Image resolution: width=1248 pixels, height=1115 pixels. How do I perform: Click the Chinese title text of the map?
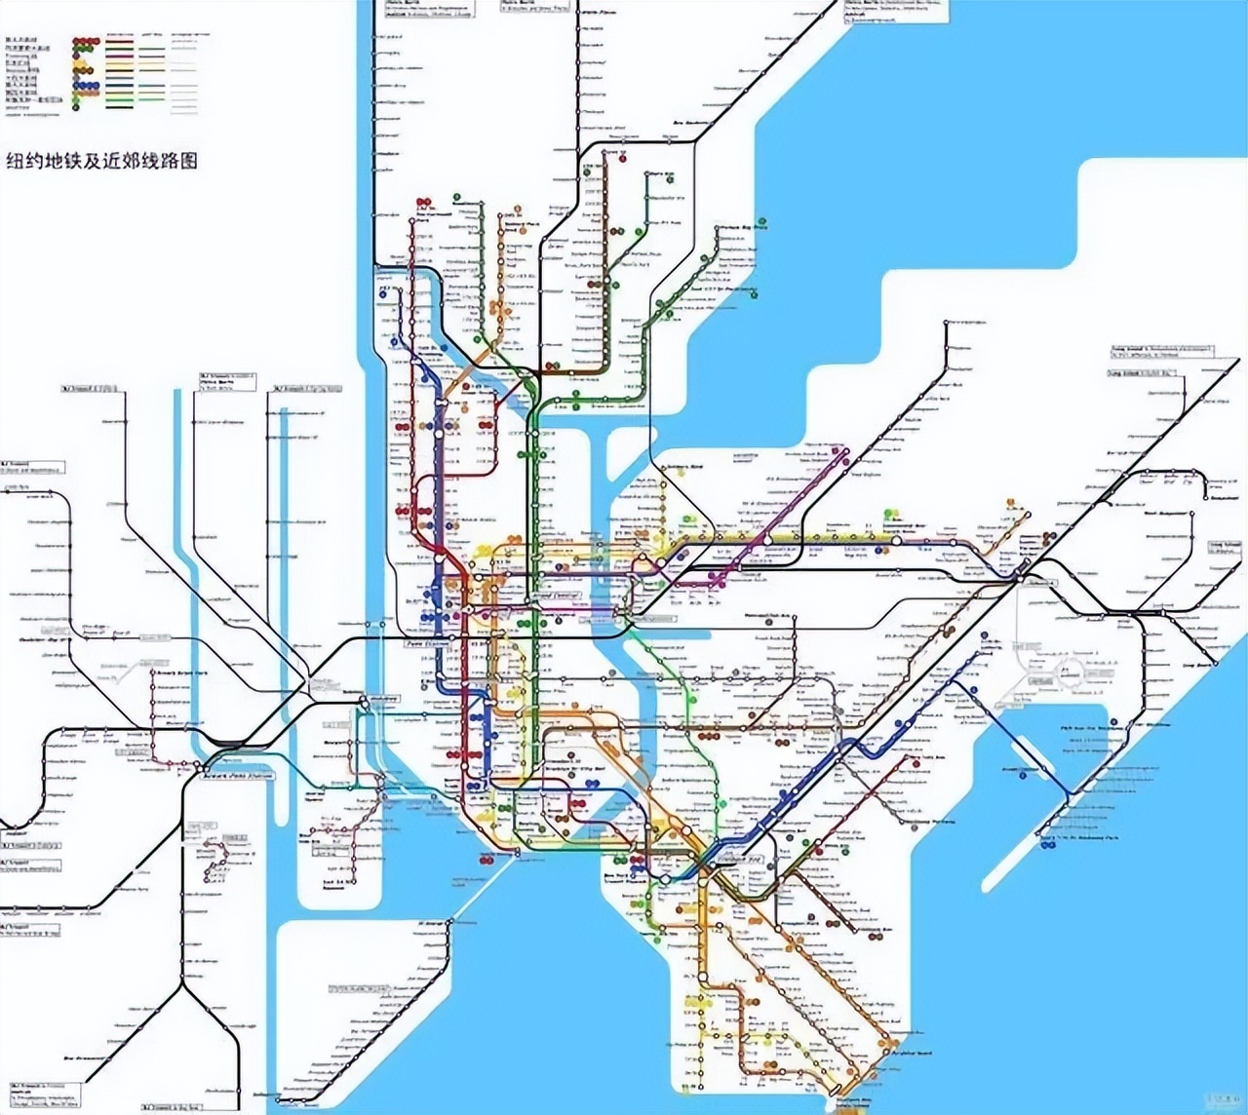(x=102, y=161)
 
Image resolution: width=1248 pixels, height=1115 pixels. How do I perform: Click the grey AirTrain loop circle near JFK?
(x=1071, y=673)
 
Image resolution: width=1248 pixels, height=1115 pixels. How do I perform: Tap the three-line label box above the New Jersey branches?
(x=228, y=380)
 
